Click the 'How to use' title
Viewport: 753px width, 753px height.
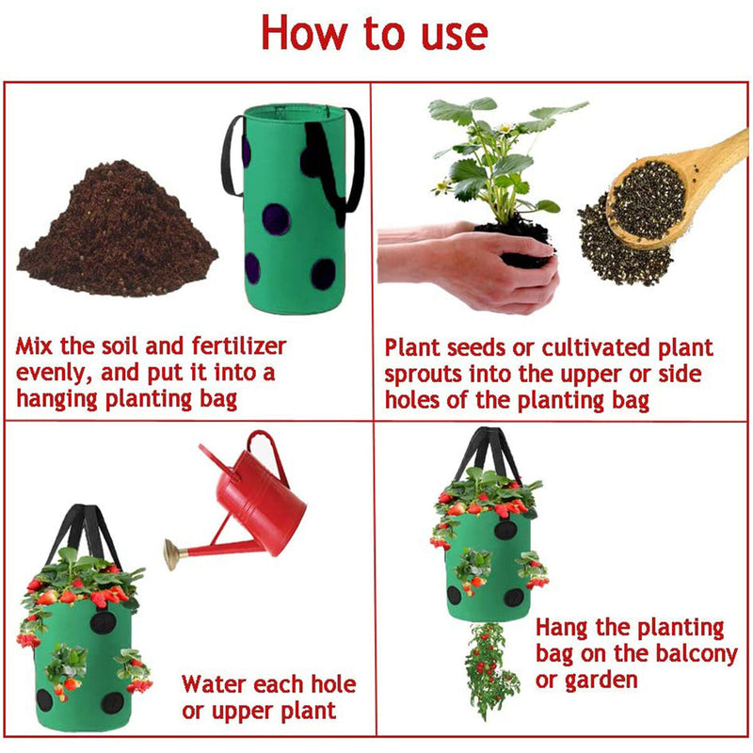pos(375,33)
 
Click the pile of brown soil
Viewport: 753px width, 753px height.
pos(117,230)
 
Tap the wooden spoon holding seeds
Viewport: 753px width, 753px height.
pos(672,192)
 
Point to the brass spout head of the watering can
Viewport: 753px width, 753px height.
pos(171,553)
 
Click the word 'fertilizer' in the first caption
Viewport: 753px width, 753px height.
pos(239,345)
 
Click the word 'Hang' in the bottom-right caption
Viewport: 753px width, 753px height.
pos(561,628)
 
